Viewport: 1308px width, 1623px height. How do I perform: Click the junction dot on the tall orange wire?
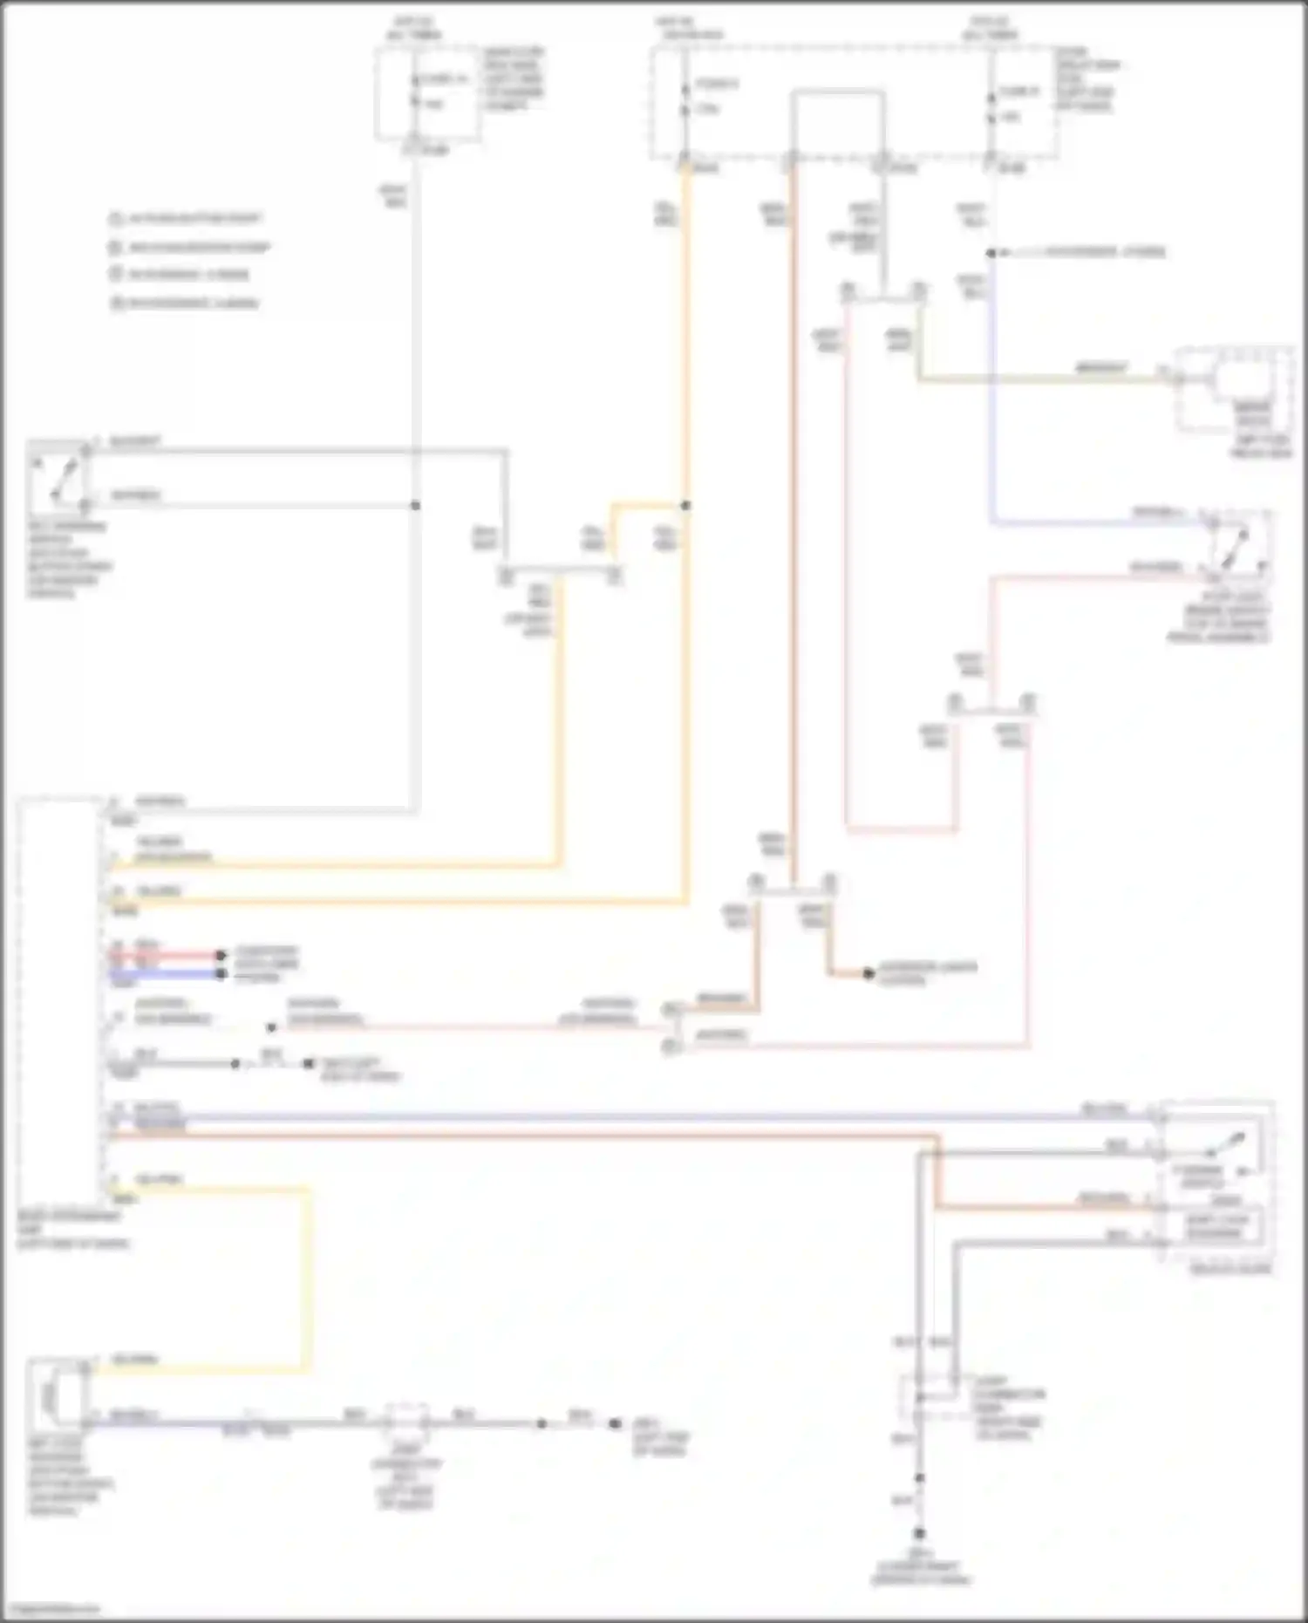coord(685,505)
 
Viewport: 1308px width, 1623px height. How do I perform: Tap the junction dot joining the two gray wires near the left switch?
coord(416,505)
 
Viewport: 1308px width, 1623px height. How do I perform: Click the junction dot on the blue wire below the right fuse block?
coord(991,253)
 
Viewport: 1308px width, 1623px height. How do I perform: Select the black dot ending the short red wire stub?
coord(221,955)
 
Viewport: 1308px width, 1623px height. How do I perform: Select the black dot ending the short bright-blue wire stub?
coord(221,973)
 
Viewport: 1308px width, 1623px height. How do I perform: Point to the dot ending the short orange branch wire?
coord(869,973)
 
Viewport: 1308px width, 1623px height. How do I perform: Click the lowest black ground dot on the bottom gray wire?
coord(919,1533)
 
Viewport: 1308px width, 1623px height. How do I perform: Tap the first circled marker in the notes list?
coord(114,219)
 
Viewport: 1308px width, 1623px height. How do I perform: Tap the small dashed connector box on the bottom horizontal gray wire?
coord(407,1423)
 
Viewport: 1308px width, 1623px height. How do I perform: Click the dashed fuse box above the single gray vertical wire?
coord(427,93)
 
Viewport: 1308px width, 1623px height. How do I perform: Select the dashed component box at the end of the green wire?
coord(1232,390)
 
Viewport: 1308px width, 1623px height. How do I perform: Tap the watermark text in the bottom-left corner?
coord(51,1607)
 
